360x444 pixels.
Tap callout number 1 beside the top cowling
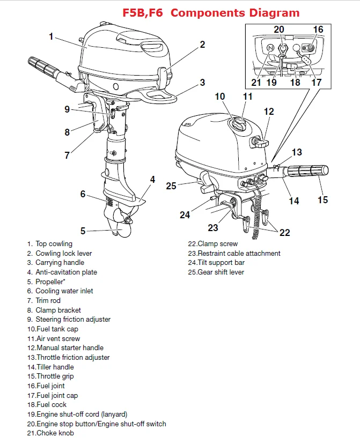[51, 37]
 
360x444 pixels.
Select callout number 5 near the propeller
[83, 231]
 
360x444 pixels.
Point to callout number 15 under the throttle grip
[322, 199]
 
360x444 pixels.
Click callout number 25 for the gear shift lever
[171, 186]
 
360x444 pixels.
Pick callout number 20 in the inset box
[279, 29]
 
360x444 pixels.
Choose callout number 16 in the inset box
[318, 29]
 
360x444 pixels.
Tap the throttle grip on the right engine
[308, 172]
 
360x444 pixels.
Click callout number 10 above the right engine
[221, 97]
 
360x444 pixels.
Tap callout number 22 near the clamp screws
[284, 232]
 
